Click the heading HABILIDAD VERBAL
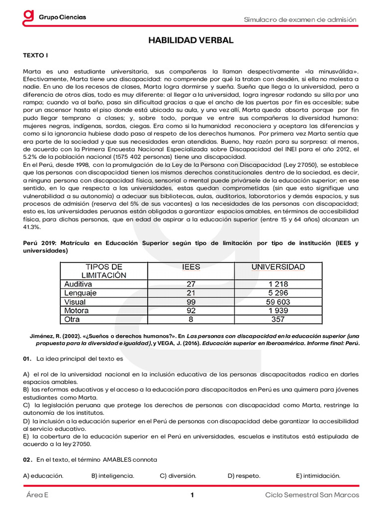(191, 40)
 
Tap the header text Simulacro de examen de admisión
(299, 19)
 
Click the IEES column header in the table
(191, 267)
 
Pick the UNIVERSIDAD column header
(278, 267)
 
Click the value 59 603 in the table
(278, 302)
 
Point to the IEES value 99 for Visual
(191, 302)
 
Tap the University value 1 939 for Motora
(278, 310)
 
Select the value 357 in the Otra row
(278, 319)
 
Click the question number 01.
(27, 359)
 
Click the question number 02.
(27, 459)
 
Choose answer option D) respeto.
(244, 476)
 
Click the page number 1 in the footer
(191, 495)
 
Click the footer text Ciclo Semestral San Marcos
(312, 495)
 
